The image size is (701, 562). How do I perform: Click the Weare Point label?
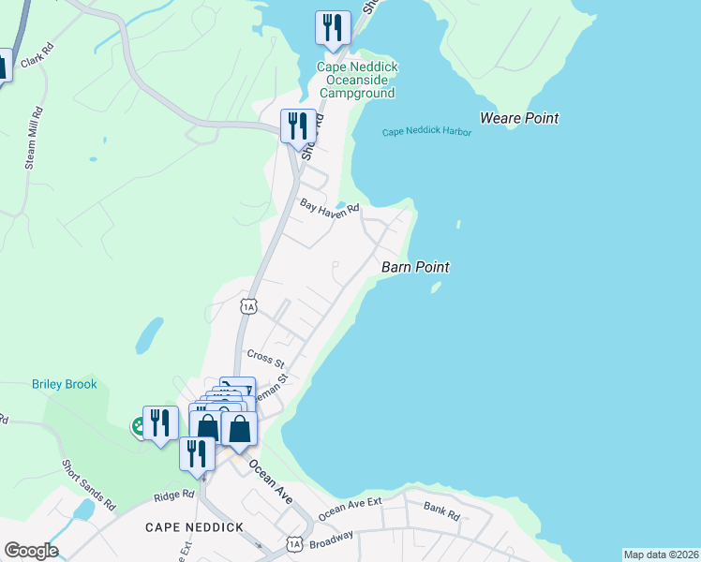pyautogui.click(x=518, y=119)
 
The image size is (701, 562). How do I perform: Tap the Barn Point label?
pyautogui.click(x=415, y=268)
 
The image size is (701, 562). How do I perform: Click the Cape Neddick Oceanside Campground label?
pyautogui.click(x=355, y=80)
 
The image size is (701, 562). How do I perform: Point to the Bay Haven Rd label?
pyautogui.click(x=330, y=207)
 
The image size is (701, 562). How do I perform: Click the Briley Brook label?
pyautogui.click(x=65, y=384)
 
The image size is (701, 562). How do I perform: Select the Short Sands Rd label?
pyautogui.click(x=88, y=484)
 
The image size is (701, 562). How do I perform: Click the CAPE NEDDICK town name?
pyautogui.click(x=194, y=527)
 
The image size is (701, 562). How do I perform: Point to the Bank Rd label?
pyautogui.click(x=440, y=513)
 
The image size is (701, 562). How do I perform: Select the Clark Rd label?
pyautogui.click(x=33, y=59)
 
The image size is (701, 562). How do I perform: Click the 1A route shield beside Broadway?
pyautogui.click(x=295, y=544)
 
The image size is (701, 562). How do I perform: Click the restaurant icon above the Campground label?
pyautogui.click(x=333, y=28)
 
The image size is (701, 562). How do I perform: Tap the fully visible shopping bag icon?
pyautogui.click(x=239, y=428)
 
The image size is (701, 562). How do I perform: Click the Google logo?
pyautogui.click(x=31, y=551)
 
